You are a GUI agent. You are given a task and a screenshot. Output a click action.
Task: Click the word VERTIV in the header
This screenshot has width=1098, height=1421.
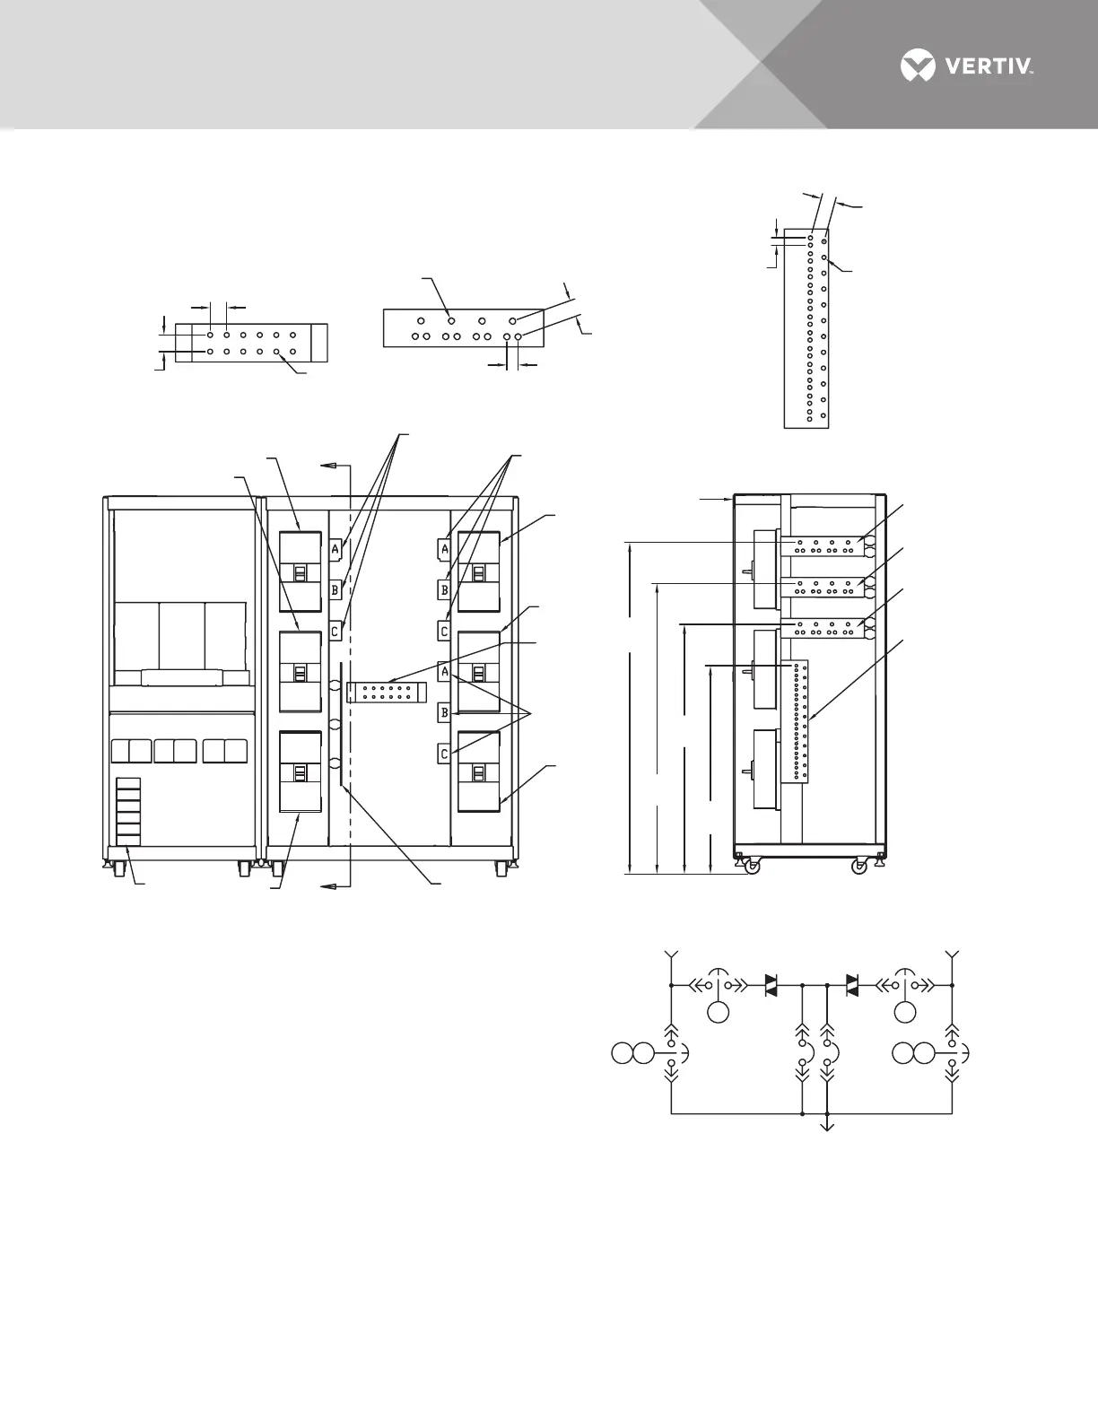click(x=989, y=66)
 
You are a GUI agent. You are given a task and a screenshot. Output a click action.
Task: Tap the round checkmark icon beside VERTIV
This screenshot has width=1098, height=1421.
click(x=917, y=65)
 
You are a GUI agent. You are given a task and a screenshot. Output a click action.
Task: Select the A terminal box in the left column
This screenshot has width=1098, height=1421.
click(x=335, y=549)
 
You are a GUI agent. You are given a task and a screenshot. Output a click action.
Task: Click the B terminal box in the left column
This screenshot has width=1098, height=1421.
click(x=335, y=590)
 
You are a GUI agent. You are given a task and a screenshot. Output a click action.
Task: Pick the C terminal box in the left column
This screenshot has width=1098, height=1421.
click(x=335, y=631)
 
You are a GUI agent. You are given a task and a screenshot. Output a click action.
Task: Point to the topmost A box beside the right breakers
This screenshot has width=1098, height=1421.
click(x=444, y=549)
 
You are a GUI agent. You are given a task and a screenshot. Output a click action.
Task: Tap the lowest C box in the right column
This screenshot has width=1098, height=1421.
click(x=444, y=754)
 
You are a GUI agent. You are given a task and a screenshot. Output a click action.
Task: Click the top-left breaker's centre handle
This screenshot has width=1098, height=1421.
click(x=301, y=573)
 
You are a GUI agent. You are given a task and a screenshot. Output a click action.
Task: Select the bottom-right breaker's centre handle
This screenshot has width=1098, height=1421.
click(x=479, y=773)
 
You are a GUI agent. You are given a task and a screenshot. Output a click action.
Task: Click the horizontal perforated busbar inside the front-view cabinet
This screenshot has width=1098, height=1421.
click(x=386, y=692)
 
